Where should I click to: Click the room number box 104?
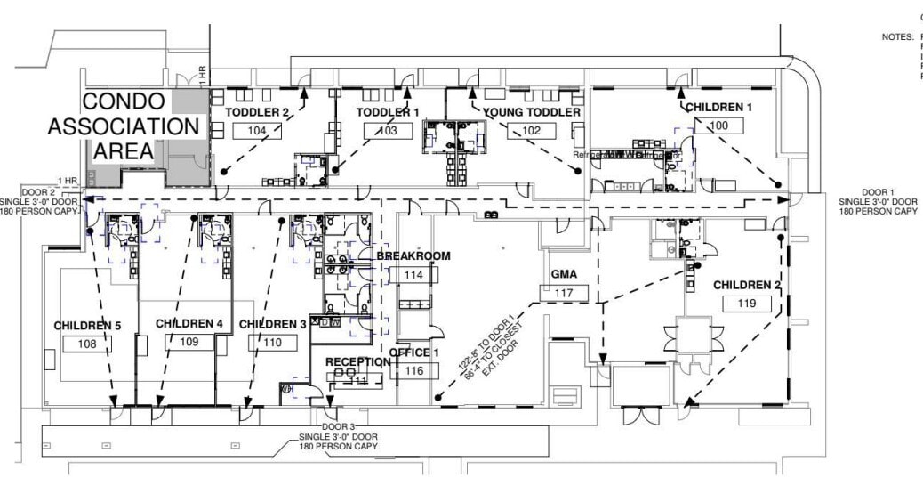click(257, 130)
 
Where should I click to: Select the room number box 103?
click(389, 130)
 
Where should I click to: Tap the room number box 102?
click(531, 130)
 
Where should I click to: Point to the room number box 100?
click(718, 126)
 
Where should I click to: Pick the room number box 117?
click(564, 293)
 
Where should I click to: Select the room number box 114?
click(413, 275)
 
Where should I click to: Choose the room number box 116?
click(413, 370)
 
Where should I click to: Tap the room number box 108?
click(86, 343)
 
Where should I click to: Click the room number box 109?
click(189, 341)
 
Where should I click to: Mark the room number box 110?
click(272, 342)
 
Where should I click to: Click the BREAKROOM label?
click(413, 256)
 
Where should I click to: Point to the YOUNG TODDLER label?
click(532, 112)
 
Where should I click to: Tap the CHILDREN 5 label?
click(87, 325)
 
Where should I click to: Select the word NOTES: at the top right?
click(897, 37)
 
